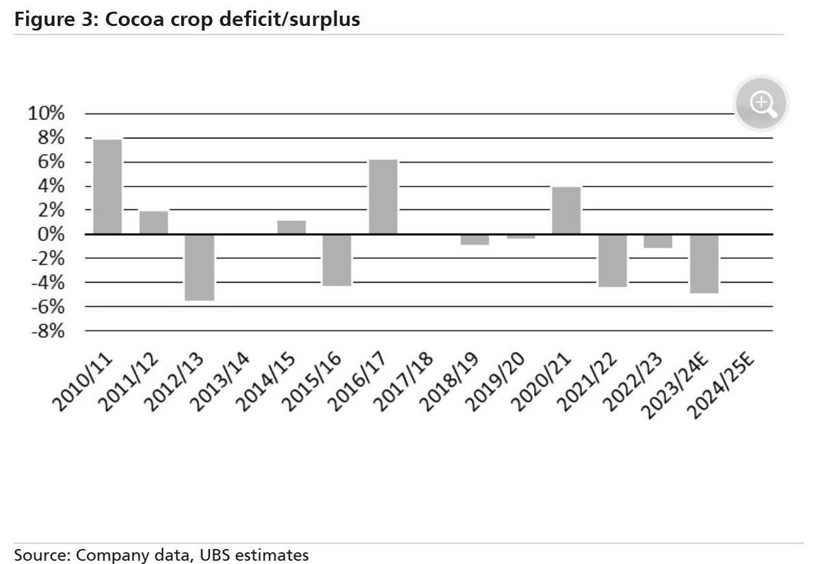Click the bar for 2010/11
(x=107, y=187)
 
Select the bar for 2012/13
(x=199, y=267)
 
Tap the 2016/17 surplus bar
(x=383, y=196)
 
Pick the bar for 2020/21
(x=566, y=210)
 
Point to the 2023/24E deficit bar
(x=704, y=264)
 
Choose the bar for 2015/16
(x=336, y=260)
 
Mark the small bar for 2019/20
(x=521, y=237)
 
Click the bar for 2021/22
(x=612, y=261)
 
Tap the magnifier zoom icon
(x=761, y=103)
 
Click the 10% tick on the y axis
(x=46, y=113)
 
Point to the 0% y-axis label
(x=51, y=234)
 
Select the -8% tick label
(x=48, y=331)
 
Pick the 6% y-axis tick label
(x=51, y=161)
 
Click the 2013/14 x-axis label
(x=220, y=382)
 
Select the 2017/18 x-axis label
(x=404, y=382)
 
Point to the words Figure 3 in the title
(x=53, y=19)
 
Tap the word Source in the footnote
(x=40, y=554)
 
